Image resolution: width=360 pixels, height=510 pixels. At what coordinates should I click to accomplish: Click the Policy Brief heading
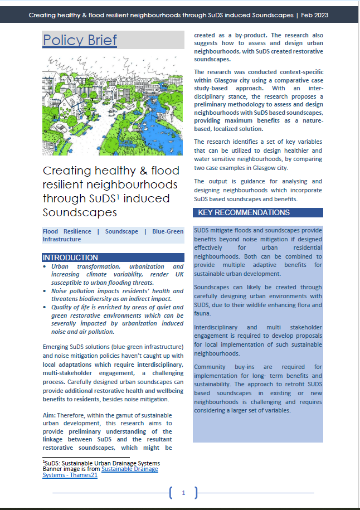click(80, 40)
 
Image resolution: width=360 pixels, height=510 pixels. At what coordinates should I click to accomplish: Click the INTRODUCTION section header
click(70, 258)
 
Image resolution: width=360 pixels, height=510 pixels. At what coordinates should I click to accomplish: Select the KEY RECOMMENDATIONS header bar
click(244, 212)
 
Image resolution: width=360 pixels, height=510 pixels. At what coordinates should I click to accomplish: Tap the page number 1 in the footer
click(183, 492)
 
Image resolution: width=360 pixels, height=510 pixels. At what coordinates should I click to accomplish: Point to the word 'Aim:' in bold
click(49, 415)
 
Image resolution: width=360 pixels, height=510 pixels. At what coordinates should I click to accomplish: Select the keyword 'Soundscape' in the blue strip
click(121, 231)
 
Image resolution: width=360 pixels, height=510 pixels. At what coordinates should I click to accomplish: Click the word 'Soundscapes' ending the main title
click(71, 212)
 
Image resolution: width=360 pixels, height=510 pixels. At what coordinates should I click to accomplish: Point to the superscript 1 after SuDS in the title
click(119, 196)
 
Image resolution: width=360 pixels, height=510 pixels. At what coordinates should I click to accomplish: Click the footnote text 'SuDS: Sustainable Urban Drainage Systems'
click(102, 463)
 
